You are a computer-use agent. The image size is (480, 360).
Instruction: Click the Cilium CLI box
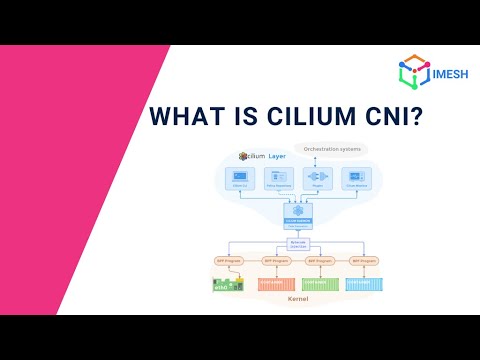(239, 178)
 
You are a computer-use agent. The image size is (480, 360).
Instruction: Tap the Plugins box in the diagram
(317, 178)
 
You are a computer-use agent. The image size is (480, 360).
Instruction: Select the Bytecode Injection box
(298, 243)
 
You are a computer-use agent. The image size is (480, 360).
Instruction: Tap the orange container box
(275, 283)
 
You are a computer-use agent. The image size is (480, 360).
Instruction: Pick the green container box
(320, 283)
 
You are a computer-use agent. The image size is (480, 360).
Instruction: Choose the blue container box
(364, 283)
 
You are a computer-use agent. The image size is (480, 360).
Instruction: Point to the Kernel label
(297, 297)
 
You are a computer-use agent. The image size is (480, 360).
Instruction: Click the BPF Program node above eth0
(230, 260)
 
